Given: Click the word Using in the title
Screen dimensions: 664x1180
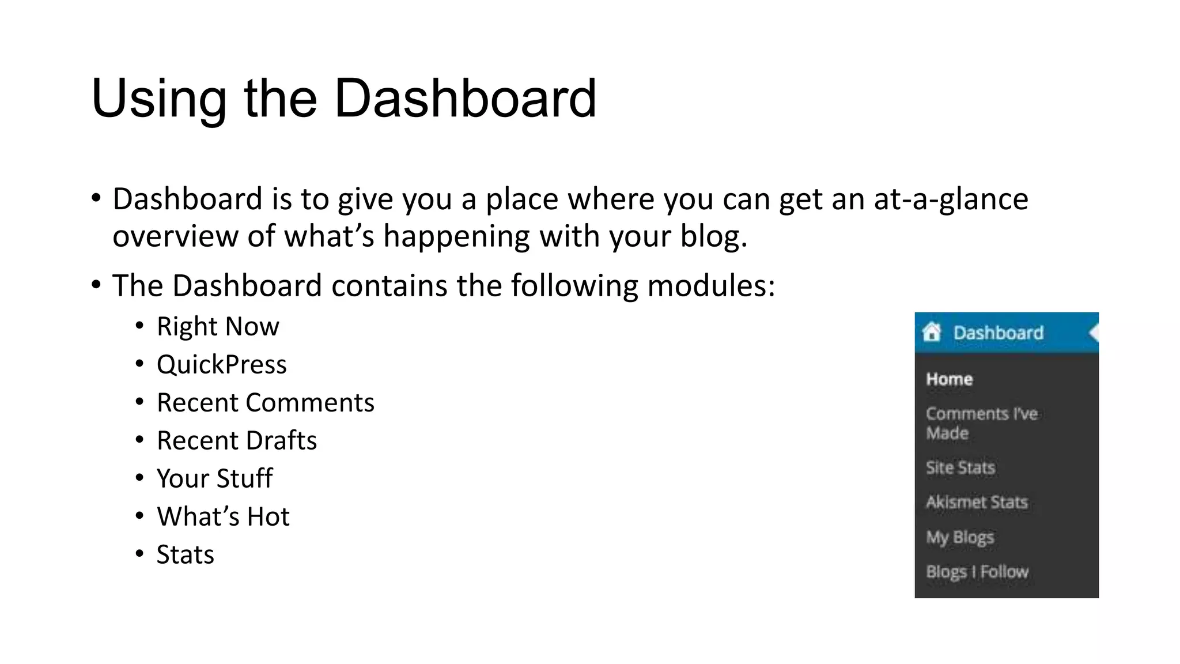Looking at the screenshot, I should (x=158, y=99).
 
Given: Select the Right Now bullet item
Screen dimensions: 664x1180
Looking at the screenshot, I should (x=218, y=327).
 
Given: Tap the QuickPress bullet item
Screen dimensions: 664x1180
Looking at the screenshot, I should (x=221, y=365).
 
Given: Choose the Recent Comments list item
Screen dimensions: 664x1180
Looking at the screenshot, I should (x=265, y=403).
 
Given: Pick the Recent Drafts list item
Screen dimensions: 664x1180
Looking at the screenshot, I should (x=236, y=441).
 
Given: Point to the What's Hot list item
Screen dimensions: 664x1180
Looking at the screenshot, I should (x=223, y=517).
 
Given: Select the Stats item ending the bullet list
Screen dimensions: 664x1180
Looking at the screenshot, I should (x=185, y=555).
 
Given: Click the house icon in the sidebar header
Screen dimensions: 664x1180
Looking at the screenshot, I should (x=931, y=332).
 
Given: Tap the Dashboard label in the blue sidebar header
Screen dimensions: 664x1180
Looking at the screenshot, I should (x=998, y=333).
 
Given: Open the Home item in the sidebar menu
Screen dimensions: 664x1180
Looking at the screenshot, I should (x=949, y=379).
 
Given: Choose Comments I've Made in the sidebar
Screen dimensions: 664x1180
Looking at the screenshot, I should (x=981, y=423).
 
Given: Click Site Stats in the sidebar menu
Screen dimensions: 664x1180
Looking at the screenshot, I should (x=960, y=467).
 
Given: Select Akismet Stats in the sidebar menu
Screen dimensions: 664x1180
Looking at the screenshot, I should (x=977, y=502).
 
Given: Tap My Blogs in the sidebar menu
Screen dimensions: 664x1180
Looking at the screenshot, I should (x=959, y=537).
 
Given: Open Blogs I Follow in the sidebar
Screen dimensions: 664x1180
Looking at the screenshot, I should (x=977, y=572).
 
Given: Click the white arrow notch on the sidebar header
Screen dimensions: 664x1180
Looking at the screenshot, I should (x=1094, y=333).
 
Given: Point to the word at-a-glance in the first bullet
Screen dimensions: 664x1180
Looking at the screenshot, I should (x=951, y=199).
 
